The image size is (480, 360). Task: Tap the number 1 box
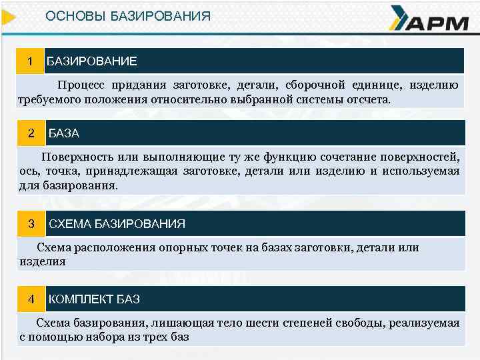point(30,61)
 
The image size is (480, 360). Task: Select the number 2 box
point(31,133)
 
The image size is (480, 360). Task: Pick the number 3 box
point(31,223)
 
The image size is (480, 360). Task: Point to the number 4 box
point(31,299)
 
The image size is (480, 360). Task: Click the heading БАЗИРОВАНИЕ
point(91,61)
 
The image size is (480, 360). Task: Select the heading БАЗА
point(64,133)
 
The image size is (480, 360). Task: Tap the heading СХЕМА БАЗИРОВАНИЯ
point(117,223)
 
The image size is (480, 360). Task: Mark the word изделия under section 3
point(43,262)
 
